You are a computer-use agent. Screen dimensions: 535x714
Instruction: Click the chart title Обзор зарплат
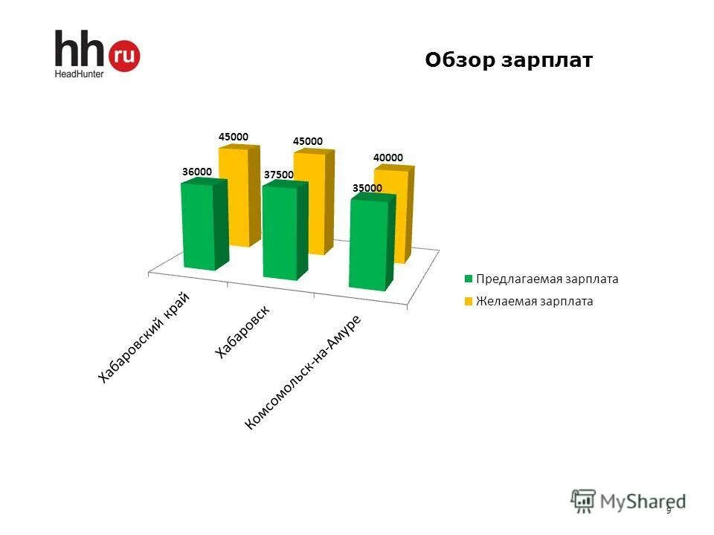click(509, 60)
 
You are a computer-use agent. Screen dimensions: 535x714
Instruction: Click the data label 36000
click(197, 171)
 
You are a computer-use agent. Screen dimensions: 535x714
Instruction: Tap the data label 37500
click(279, 175)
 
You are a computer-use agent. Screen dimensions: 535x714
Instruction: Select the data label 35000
click(367, 188)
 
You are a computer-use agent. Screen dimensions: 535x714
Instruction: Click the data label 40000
click(388, 158)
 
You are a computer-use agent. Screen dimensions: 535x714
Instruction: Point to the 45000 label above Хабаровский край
click(234, 137)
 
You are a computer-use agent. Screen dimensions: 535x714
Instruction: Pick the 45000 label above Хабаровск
click(308, 140)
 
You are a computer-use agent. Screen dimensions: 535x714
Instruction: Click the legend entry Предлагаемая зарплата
click(547, 279)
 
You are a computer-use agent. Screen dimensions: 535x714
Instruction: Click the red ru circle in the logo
click(124, 56)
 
